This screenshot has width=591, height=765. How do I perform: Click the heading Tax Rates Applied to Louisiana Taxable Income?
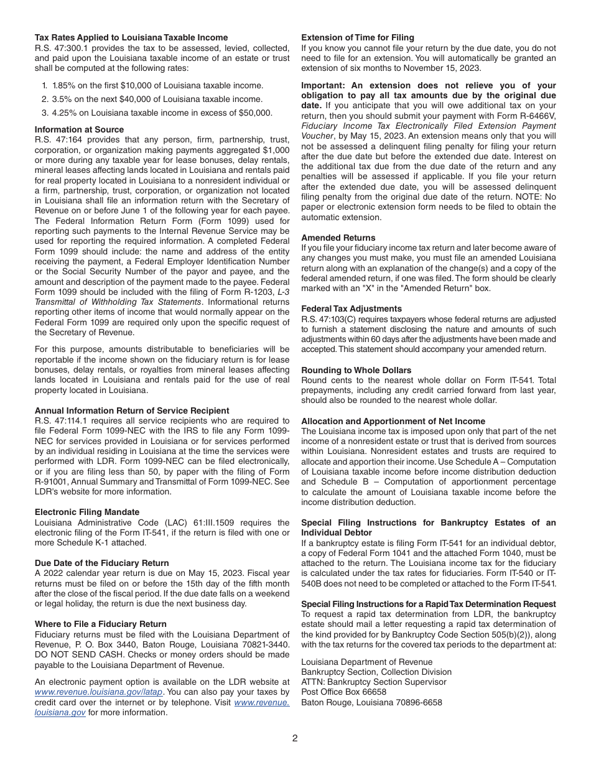tap(131, 37)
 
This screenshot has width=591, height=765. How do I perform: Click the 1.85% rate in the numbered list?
tap(64, 85)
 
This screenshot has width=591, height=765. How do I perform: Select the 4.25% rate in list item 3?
tap(64, 113)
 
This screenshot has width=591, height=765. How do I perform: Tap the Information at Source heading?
tap(79, 129)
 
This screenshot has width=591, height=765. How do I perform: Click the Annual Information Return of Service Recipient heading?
tap(132, 410)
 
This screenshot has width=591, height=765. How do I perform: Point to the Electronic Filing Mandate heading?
tap(87, 512)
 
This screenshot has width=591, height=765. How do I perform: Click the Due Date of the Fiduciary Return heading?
tap(102, 563)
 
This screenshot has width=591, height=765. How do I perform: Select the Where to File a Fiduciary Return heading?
tap(101, 624)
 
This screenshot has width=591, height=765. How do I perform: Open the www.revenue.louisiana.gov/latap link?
tap(100, 692)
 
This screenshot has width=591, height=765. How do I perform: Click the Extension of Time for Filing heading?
tap(358, 37)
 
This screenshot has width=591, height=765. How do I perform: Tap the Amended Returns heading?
tap(338, 238)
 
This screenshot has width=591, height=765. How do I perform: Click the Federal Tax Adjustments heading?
tap(351, 308)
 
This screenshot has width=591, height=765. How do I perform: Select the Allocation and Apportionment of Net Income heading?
tap(393, 421)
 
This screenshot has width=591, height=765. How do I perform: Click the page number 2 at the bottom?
tap(295, 738)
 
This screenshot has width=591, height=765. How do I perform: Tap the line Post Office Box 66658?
tap(343, 692)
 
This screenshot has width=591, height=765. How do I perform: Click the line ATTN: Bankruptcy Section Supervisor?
tap(373, 682)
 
